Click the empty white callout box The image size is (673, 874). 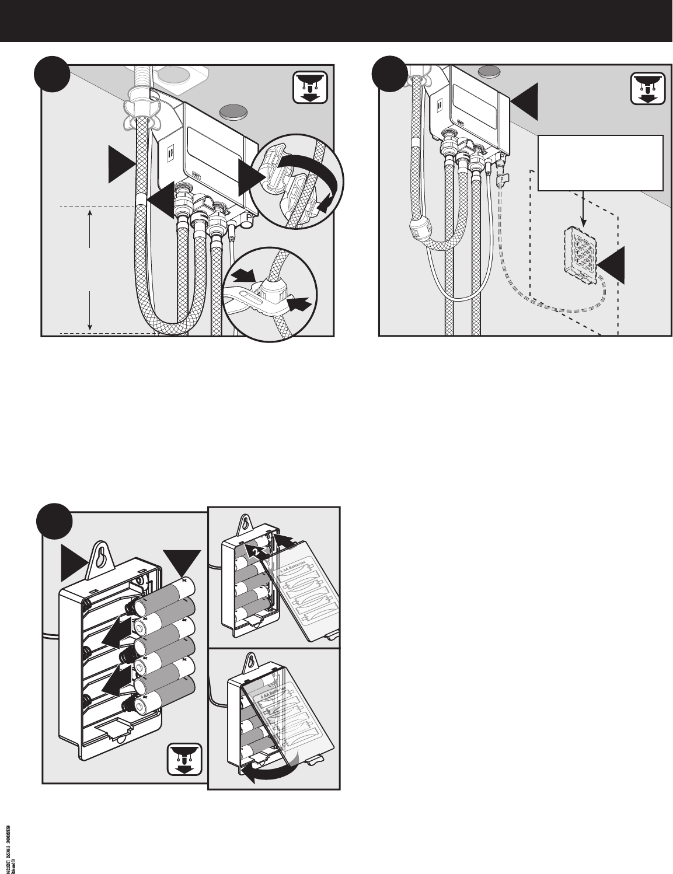coord(601,163)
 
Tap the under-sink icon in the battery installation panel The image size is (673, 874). coord(184,760)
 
